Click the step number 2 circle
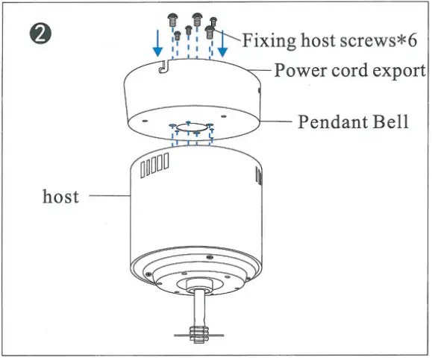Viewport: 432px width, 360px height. coord(40,34)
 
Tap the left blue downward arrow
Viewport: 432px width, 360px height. coord(157,43)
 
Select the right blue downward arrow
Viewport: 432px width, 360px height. coord(222,43)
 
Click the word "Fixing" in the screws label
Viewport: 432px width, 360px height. coord(269,41)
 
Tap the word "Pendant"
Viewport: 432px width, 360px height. coord(331,121)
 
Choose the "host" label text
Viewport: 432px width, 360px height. coord(60,196)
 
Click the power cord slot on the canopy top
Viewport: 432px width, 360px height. coord(163,67)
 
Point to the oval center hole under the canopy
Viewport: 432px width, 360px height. coord(192,127)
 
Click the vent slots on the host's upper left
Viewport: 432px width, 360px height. coord(154,165)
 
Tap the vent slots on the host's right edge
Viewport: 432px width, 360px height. coord(259,176)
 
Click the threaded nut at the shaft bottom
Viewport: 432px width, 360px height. coord(198,335)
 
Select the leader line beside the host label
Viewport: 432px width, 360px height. coord(110,196)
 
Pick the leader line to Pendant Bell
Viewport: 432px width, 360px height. coord(275,121)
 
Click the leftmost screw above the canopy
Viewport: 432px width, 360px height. coord(172,20)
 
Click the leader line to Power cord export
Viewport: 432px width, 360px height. coord(260,70)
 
